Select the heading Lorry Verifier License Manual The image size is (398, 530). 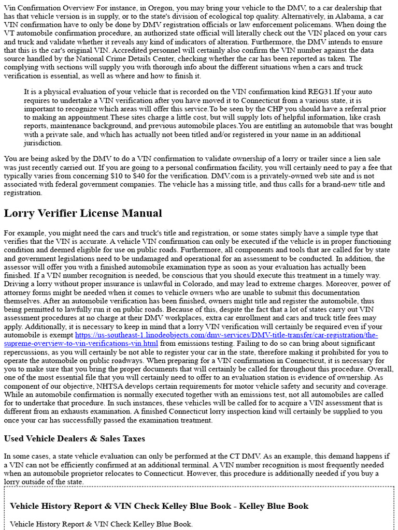(83, 213)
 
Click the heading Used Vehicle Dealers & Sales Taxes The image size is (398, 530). (74, 438)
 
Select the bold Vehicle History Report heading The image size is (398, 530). (159, 506)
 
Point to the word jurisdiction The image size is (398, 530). (43, 143)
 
